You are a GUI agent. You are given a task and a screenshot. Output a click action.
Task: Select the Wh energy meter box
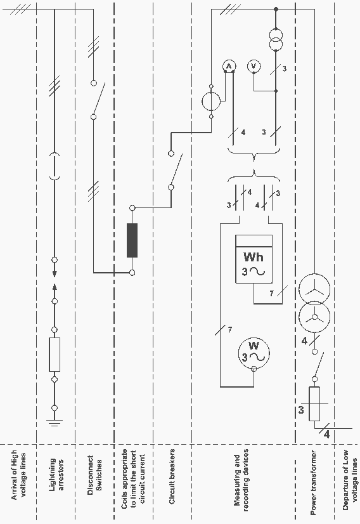pos(254,259)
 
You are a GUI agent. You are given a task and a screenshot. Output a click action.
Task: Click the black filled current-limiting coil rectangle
pos(132,240)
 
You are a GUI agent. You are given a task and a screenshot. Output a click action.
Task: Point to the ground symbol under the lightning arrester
pos(55,423)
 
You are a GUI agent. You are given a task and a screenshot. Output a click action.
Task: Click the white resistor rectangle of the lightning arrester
pos(55,355)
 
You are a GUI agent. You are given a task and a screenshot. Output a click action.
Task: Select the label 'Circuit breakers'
pos(172,476)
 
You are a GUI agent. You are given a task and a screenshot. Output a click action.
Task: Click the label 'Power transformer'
pos(313,482)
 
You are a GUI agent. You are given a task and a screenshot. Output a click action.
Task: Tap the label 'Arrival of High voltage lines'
pos(19,475)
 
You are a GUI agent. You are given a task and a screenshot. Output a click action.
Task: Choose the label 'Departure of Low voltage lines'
pos(350,479)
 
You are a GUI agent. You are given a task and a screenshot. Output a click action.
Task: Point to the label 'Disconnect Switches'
pos(94,473)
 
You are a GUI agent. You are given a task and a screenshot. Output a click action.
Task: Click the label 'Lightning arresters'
pos(56,475)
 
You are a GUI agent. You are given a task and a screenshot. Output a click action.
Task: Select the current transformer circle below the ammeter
pos(211,102)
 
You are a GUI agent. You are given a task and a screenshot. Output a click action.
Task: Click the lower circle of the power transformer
pos(314,317)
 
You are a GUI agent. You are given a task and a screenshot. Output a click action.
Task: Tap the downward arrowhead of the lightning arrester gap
pos(55,273)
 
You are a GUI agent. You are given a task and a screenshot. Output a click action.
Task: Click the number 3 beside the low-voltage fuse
pos(301,409)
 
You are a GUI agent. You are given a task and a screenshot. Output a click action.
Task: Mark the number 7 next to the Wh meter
pos(271,294)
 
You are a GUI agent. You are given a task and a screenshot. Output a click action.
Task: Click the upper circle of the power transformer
pos(314,289)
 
